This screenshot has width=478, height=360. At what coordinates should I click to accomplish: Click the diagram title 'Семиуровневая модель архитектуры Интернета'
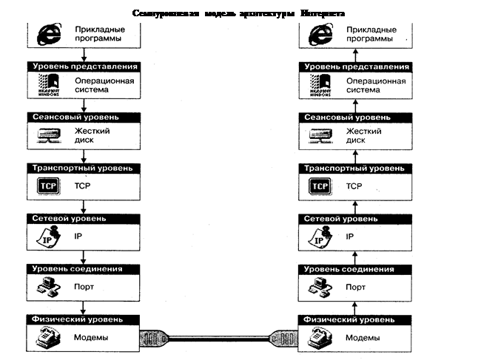coord(238,13)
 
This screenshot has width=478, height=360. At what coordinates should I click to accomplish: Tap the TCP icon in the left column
coord(47,186)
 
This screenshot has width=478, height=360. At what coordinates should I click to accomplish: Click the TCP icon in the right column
coord(320,186)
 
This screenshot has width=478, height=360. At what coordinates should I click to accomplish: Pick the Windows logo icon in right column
coord(320,86)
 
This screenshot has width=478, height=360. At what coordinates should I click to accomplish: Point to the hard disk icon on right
coord(320,135)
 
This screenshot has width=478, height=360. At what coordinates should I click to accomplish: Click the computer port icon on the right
coord(320,287)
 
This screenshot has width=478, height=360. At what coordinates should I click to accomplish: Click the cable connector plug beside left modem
coord(152,339)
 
